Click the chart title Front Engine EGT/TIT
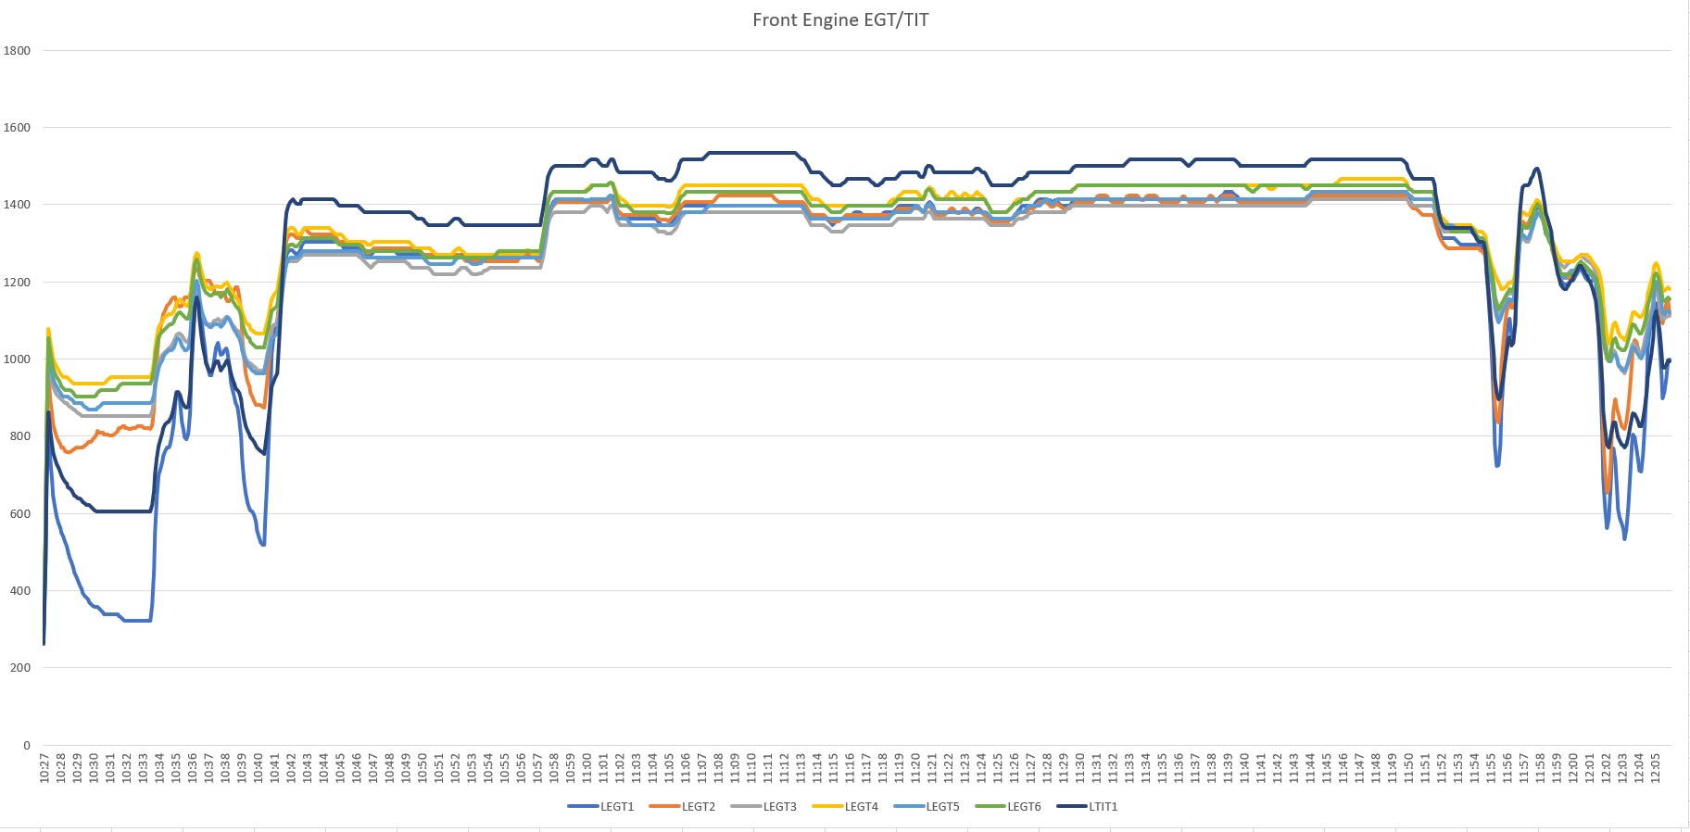[x=839, y=20]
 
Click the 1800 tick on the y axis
[x=17, y=51]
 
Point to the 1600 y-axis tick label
[x=17, y=128]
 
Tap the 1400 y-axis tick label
[x=17, y=205]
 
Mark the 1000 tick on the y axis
[x=17, y=359]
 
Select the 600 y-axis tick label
[x=19, y=513]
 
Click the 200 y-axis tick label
[x=19, y=668]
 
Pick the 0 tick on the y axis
[x=26, y=745]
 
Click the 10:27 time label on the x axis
[x=44, y=768]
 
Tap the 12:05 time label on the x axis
[x=1656, y=768]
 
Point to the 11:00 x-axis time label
[x=587, y=768]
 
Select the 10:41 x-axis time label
[x=275, y=768]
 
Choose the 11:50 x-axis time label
[x=1409, y=768]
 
